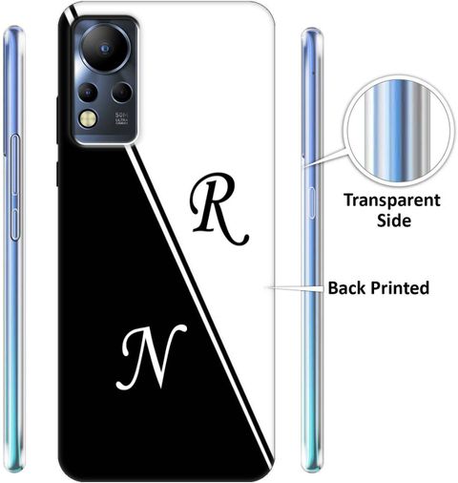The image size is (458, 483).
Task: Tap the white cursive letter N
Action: [x=150, y=356]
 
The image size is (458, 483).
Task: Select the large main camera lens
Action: [x=105, y=49]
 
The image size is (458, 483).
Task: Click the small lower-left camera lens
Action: [x=88, y=93]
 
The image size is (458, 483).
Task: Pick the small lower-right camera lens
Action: [x=122, y=93]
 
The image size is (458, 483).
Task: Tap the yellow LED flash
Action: [x=89, y=119]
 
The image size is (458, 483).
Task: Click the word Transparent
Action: [x=392, y=201]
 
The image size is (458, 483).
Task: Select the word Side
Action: [x=394, y=220]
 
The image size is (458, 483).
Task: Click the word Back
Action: [x=347, y=287]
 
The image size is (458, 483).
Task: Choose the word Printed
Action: [x=400, y=288]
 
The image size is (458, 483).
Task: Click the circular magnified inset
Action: [x=399, y=131]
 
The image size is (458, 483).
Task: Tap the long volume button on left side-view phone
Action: [x=15, y=164]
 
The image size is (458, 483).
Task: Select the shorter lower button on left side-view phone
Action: [x=15, y=223]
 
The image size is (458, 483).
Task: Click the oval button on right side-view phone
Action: [x=311, y=203]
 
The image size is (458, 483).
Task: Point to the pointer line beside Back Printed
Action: [x=296, y=288]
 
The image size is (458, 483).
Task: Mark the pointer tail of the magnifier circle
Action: [x=325, y=157]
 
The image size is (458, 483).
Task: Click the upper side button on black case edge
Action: [x=57, y=120]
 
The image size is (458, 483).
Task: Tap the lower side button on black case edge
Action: [x=57, y=174]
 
